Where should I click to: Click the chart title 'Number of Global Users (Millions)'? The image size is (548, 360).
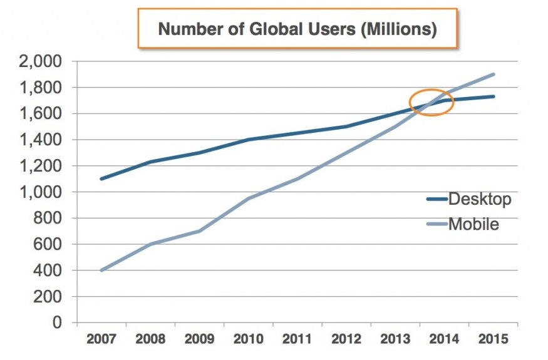pos(297,29)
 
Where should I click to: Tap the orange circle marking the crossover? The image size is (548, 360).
pos(431,101)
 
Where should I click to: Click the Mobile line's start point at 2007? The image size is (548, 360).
pos(101,270)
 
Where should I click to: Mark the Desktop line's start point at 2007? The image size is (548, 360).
pos(101,179)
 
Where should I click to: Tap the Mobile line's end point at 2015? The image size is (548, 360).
pos(494,75)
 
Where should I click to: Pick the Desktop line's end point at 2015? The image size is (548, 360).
pos(494,96)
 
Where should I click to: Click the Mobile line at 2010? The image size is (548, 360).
pos(249,198)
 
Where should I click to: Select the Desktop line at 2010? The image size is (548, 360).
pos(249,140)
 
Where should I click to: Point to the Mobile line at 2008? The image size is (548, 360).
pos(150,244)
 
